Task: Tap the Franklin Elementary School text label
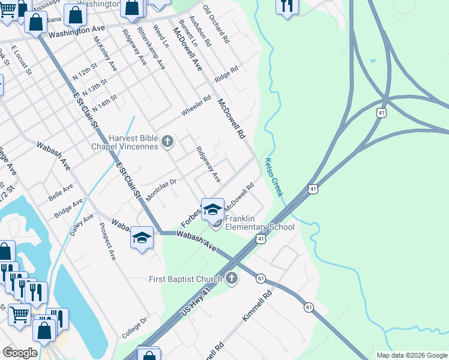coord(259,223)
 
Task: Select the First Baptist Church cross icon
coord(232,278)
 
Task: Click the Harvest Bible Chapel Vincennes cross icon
coord(167,142)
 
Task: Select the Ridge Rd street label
coord(226,77)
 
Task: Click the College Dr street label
coord(135,328)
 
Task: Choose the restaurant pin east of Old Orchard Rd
coord(287,6)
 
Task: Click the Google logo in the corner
coord(20,353)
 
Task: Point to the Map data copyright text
coord(411,355)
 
